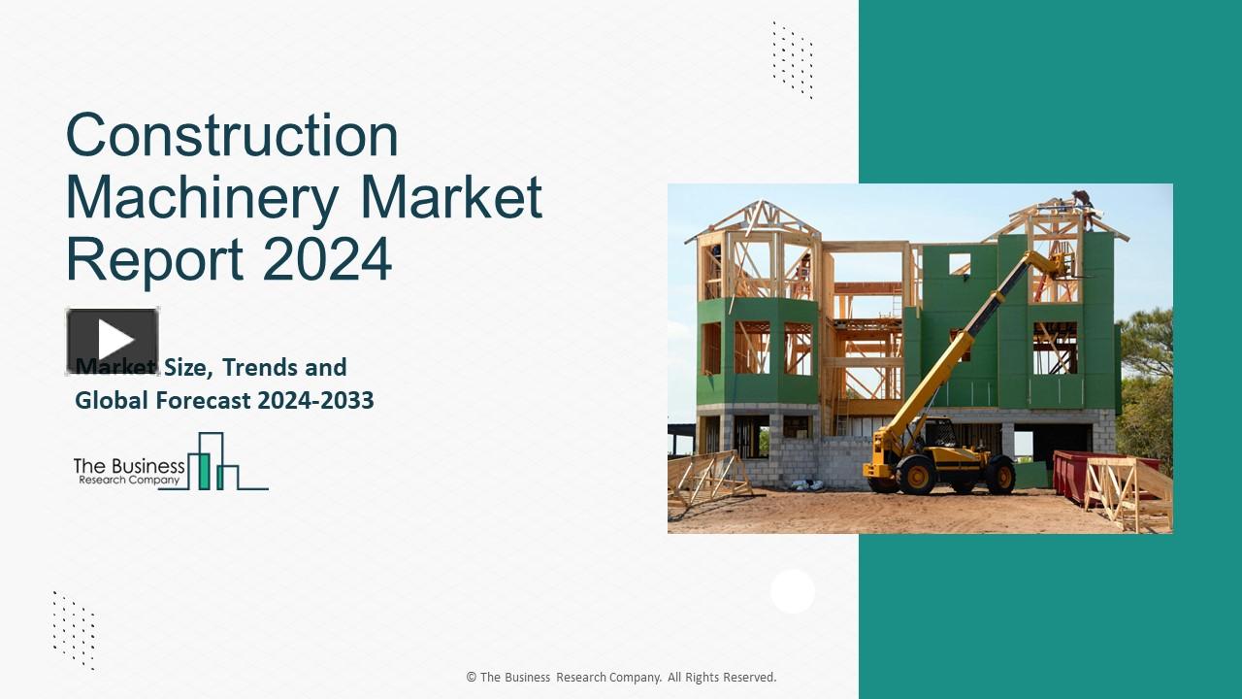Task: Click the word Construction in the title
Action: (x=232, y=135)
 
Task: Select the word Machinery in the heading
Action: (x=202, y=197)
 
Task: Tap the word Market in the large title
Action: (x=451, y=197)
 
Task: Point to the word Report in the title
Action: (x=155, y=259)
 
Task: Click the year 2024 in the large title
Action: (x=327, y=259)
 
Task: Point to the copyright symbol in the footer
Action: (x=472, y=678)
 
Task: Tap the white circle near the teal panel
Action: (x=793, y=591)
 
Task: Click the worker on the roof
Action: (x=1081, y=202)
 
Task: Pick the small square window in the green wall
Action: (x=960, y=263)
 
